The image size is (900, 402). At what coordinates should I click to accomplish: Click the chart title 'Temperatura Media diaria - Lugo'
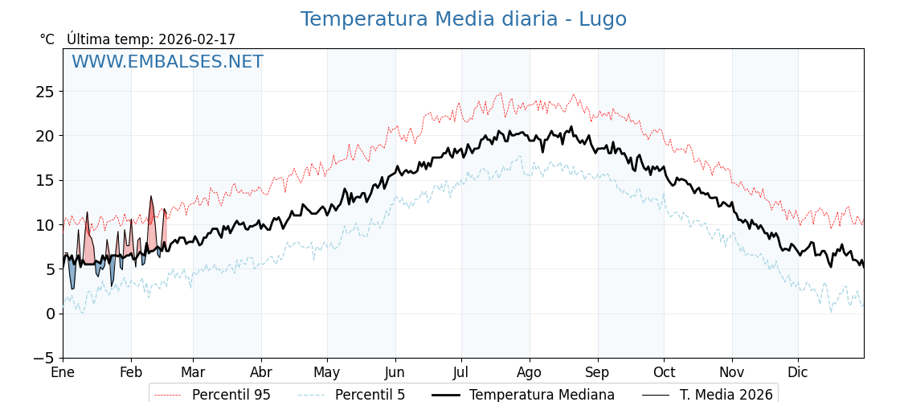463,19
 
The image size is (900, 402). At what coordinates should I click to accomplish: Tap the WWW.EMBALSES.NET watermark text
167,62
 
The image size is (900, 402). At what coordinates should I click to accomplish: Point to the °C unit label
47,39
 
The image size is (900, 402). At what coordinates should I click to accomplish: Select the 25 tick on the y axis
45,92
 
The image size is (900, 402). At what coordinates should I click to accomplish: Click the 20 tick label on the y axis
45,136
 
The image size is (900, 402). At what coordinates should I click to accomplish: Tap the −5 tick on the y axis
42,358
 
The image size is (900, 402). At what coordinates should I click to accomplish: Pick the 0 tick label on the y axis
50,314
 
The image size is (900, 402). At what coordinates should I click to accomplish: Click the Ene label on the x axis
63,373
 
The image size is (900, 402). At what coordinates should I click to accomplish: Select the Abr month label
260,373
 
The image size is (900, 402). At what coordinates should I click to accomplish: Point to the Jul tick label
461,373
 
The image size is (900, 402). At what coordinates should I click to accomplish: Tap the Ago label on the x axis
530,373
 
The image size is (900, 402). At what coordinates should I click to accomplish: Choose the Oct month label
664,373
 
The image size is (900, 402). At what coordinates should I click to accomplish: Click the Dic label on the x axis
798,373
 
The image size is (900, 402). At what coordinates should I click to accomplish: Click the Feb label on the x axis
131,373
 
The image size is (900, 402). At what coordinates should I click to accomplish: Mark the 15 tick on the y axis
45,180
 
